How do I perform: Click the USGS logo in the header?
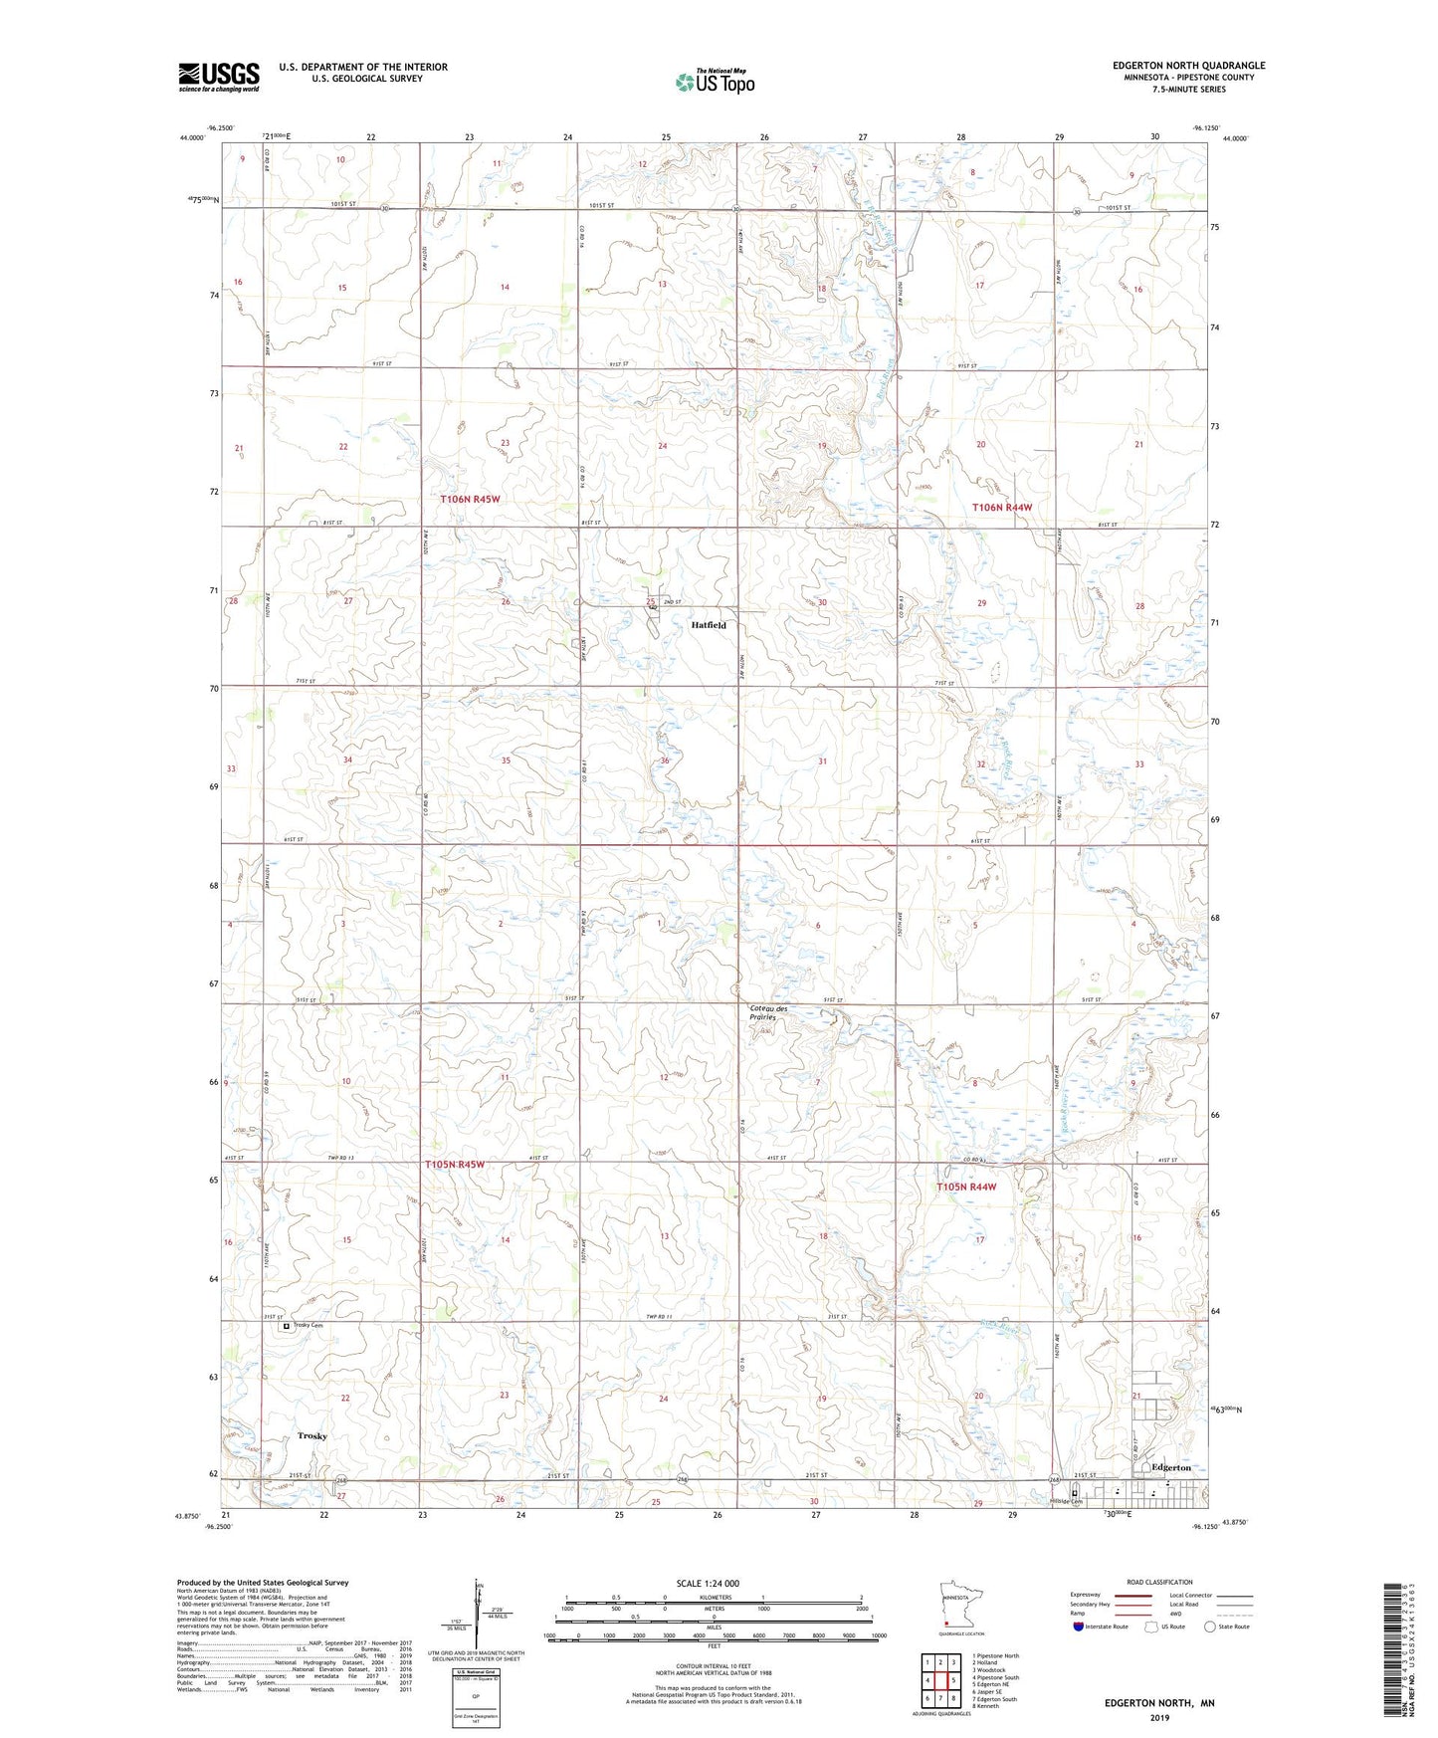tap(219, 77)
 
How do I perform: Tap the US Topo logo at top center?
tap(716, 82)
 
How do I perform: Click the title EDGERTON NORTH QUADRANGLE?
tap(1188, 66)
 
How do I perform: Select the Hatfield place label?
tap(709, 625)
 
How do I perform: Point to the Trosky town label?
tap(312, 1435)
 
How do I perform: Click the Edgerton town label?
tap(1170, 1467)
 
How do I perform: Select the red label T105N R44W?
tap(966, 1187)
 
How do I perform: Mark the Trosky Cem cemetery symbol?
tap(287, 1326)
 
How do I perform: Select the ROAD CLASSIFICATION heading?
tap(1159, 1582)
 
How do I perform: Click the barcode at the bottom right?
tap(1396, 1633)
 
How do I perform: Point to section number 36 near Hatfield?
tap(665, 760)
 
